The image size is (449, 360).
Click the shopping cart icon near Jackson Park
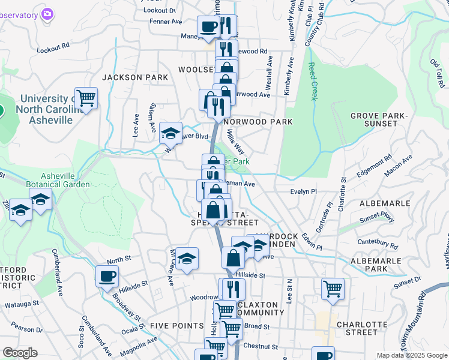[x=86, y=98]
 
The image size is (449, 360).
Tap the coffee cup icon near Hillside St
[x=107, y=277]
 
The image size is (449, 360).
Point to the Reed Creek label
[x=312, y=81]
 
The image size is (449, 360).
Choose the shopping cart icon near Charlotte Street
[x=333, y=289]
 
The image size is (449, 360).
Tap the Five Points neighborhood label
[x=177, y=325]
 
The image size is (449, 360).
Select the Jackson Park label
[x=131, y=77]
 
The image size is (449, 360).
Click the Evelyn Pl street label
[x=303, y=191]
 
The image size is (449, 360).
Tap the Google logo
[x=20, y=353]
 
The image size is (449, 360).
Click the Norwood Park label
[x=258, y=121]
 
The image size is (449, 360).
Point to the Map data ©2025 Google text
[x=411, y=355]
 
